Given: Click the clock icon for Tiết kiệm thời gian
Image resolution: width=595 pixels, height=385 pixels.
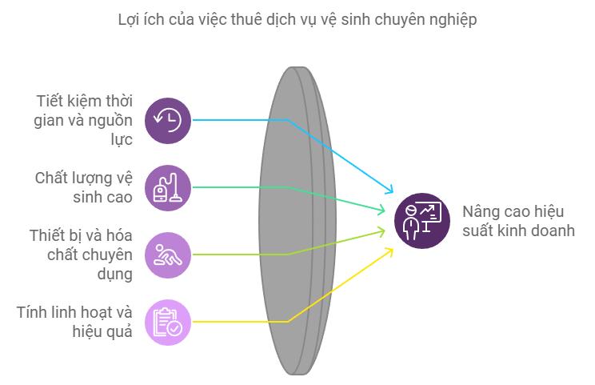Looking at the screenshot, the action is click(x=168, y=120).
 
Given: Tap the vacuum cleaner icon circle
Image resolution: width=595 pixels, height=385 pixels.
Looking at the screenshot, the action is click(x=168, y=187).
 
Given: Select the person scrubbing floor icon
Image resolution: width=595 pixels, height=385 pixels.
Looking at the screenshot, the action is click(x=168, y=255).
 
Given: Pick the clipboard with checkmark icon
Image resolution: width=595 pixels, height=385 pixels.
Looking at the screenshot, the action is click(x=168, y=322).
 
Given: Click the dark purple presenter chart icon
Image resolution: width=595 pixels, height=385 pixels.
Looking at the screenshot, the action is click(x=422, y=221).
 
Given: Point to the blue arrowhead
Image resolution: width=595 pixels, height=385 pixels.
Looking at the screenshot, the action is click(x=389, y=190).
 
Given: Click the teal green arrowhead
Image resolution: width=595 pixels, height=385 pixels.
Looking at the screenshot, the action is click(x=381, y=210).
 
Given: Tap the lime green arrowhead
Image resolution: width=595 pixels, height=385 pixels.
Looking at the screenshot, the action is click(x=381, y=231).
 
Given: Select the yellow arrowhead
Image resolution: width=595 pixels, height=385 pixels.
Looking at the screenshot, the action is click(x=389, y=252).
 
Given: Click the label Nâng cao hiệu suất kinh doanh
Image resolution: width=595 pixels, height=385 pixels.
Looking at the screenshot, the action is click(x=518, y=221).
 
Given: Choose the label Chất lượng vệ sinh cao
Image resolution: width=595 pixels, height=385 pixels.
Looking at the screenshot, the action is click(x=83, y=187).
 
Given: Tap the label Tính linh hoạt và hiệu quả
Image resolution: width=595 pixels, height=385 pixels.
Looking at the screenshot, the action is click(x=74, y=322).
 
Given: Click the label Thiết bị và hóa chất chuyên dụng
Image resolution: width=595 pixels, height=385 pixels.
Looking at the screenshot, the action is click(x=81, y=255).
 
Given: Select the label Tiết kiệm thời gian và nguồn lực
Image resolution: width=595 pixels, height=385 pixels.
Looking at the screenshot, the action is click(x=83, y=120).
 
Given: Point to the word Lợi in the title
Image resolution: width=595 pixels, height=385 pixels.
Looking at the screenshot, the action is click(x=126, y=19).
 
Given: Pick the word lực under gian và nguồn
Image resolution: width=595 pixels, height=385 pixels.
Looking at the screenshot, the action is click(x=122, y=140).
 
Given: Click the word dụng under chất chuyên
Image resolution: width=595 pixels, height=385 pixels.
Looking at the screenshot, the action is click(x=115, y=275).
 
